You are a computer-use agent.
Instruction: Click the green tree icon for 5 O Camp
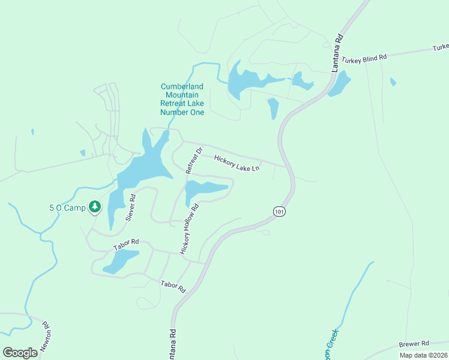click(x=94, y=207)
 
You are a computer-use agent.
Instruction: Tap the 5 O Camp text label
click(x=67, y=208)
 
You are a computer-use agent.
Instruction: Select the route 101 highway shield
click(x=279, y=211)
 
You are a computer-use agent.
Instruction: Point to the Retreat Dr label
click(x=194, y=160)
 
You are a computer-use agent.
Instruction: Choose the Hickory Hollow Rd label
click(x=188, y=229)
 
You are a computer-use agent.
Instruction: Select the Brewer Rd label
click(x=414, y=344)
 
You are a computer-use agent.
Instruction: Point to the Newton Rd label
click(x=46, y=338)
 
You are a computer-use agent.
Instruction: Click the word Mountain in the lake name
click(x=182, y=95)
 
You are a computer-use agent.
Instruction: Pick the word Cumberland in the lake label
click(x=182, y=86)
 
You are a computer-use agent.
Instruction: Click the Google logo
click(x=20, y=352)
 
